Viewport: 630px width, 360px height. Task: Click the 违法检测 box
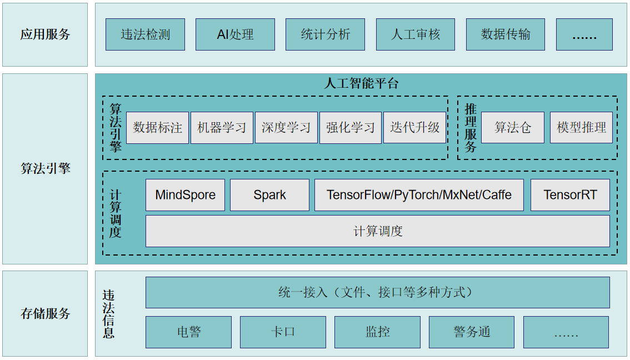pos(145,34)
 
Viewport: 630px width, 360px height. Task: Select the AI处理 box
pos(235,34)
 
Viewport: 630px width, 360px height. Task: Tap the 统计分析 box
pos(325,34)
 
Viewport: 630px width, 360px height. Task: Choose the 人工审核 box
pos(415,34)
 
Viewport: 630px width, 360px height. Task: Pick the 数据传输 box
pos(505,34)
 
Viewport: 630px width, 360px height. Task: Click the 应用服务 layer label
pos(45,34)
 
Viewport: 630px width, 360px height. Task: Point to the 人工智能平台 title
pos(361,84)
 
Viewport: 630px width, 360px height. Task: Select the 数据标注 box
pos(157,128)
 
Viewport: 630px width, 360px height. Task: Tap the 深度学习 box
pos(286,128)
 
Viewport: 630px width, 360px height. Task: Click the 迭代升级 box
pos(414,128)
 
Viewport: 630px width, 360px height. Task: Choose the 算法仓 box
pos(512,128)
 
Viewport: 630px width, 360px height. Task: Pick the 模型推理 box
pos(581,128)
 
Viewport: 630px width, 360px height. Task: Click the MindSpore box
pos(185,195)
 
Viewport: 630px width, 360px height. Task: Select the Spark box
pos(269,195)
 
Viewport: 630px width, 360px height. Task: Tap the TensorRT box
pos(570,195)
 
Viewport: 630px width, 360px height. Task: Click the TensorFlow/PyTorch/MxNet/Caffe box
pos(419,195)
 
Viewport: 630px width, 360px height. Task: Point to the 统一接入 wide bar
pos(377,292)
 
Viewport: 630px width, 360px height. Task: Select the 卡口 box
pos(283,332)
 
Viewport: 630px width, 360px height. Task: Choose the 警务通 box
pos(472,332)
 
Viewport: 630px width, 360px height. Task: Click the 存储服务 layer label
pos(45,313)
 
